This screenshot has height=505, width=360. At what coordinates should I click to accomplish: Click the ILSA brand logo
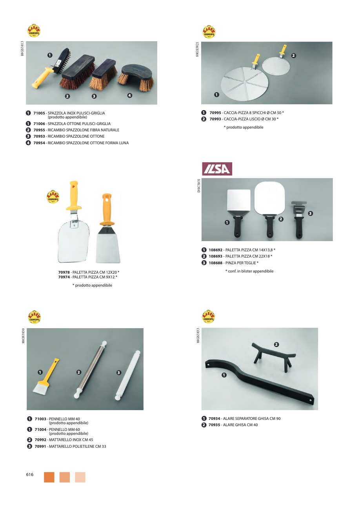(217, 169)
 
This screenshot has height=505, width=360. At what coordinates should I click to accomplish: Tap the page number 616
(30, 474)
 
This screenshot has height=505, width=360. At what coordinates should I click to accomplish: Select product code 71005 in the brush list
(39, 113)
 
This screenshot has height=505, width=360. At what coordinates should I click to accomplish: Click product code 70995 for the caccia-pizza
(215, 113)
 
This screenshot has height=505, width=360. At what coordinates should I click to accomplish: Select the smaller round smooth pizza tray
(276, 65)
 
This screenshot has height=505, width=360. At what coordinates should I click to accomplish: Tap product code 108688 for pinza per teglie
(216, 263)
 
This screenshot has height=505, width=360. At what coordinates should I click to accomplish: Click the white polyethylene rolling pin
(127, 375)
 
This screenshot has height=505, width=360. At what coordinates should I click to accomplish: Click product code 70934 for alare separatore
(214, 418)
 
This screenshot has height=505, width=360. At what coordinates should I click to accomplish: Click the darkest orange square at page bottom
(49, 477)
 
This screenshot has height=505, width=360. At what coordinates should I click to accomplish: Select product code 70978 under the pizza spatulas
(64, 272)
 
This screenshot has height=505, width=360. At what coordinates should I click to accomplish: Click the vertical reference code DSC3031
(198, 185)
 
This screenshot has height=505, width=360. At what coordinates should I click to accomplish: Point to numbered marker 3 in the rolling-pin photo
(119, 372)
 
